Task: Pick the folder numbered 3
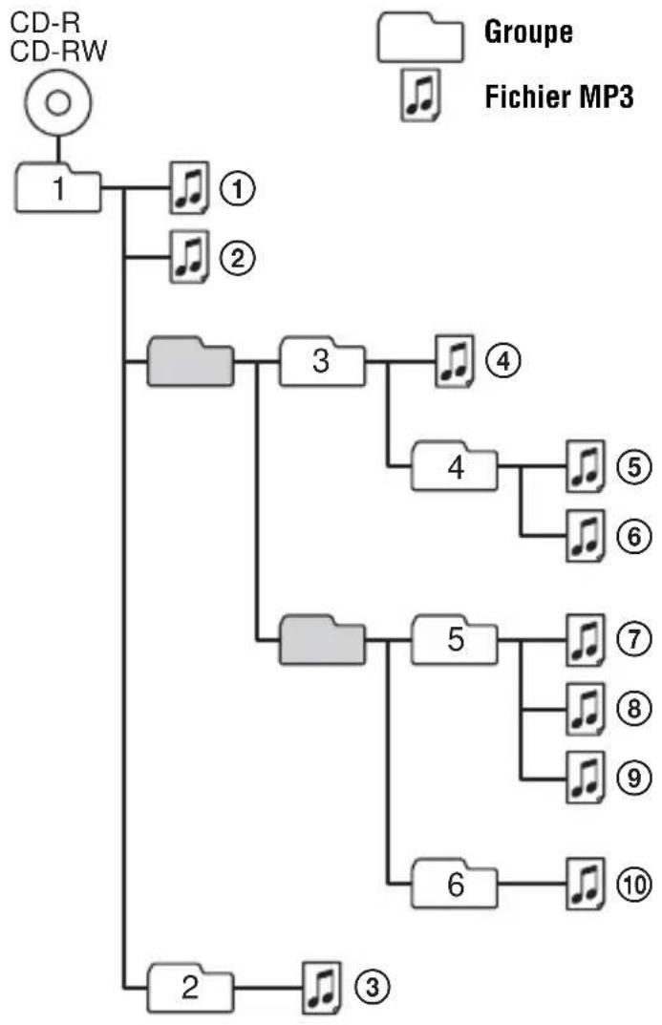pos(321,363)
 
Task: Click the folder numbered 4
pos(454,468)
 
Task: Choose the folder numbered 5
pos(454,637)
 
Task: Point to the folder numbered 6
pos(454,886)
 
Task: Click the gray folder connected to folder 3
pos(190,363)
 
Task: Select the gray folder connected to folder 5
pos(322,637)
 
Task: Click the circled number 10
pos(632,886)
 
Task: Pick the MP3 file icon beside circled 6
pos(584,535)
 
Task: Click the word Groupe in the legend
pos(528,34)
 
